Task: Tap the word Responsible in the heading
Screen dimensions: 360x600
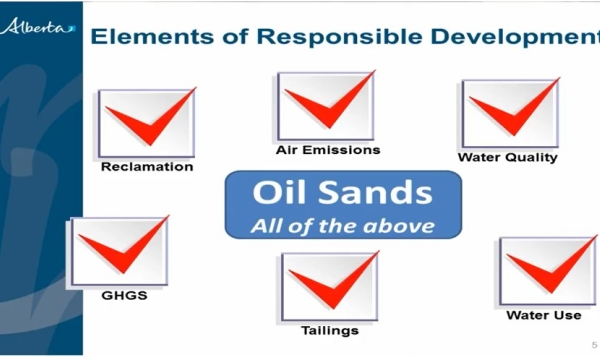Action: click(314, 38)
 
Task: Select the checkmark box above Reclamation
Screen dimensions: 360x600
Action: click(147, 123)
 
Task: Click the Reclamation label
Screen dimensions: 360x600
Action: click(147, 167)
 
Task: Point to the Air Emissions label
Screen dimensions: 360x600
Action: click(328, 150)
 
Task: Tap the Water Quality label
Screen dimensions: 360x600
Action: click(508, 157)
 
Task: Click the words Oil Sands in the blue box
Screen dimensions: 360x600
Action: click(342, 193)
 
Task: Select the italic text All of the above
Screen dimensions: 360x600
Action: click(342, 225)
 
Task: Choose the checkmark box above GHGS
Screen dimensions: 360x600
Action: click(118, 251)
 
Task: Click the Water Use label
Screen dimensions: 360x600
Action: click(544, 315)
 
